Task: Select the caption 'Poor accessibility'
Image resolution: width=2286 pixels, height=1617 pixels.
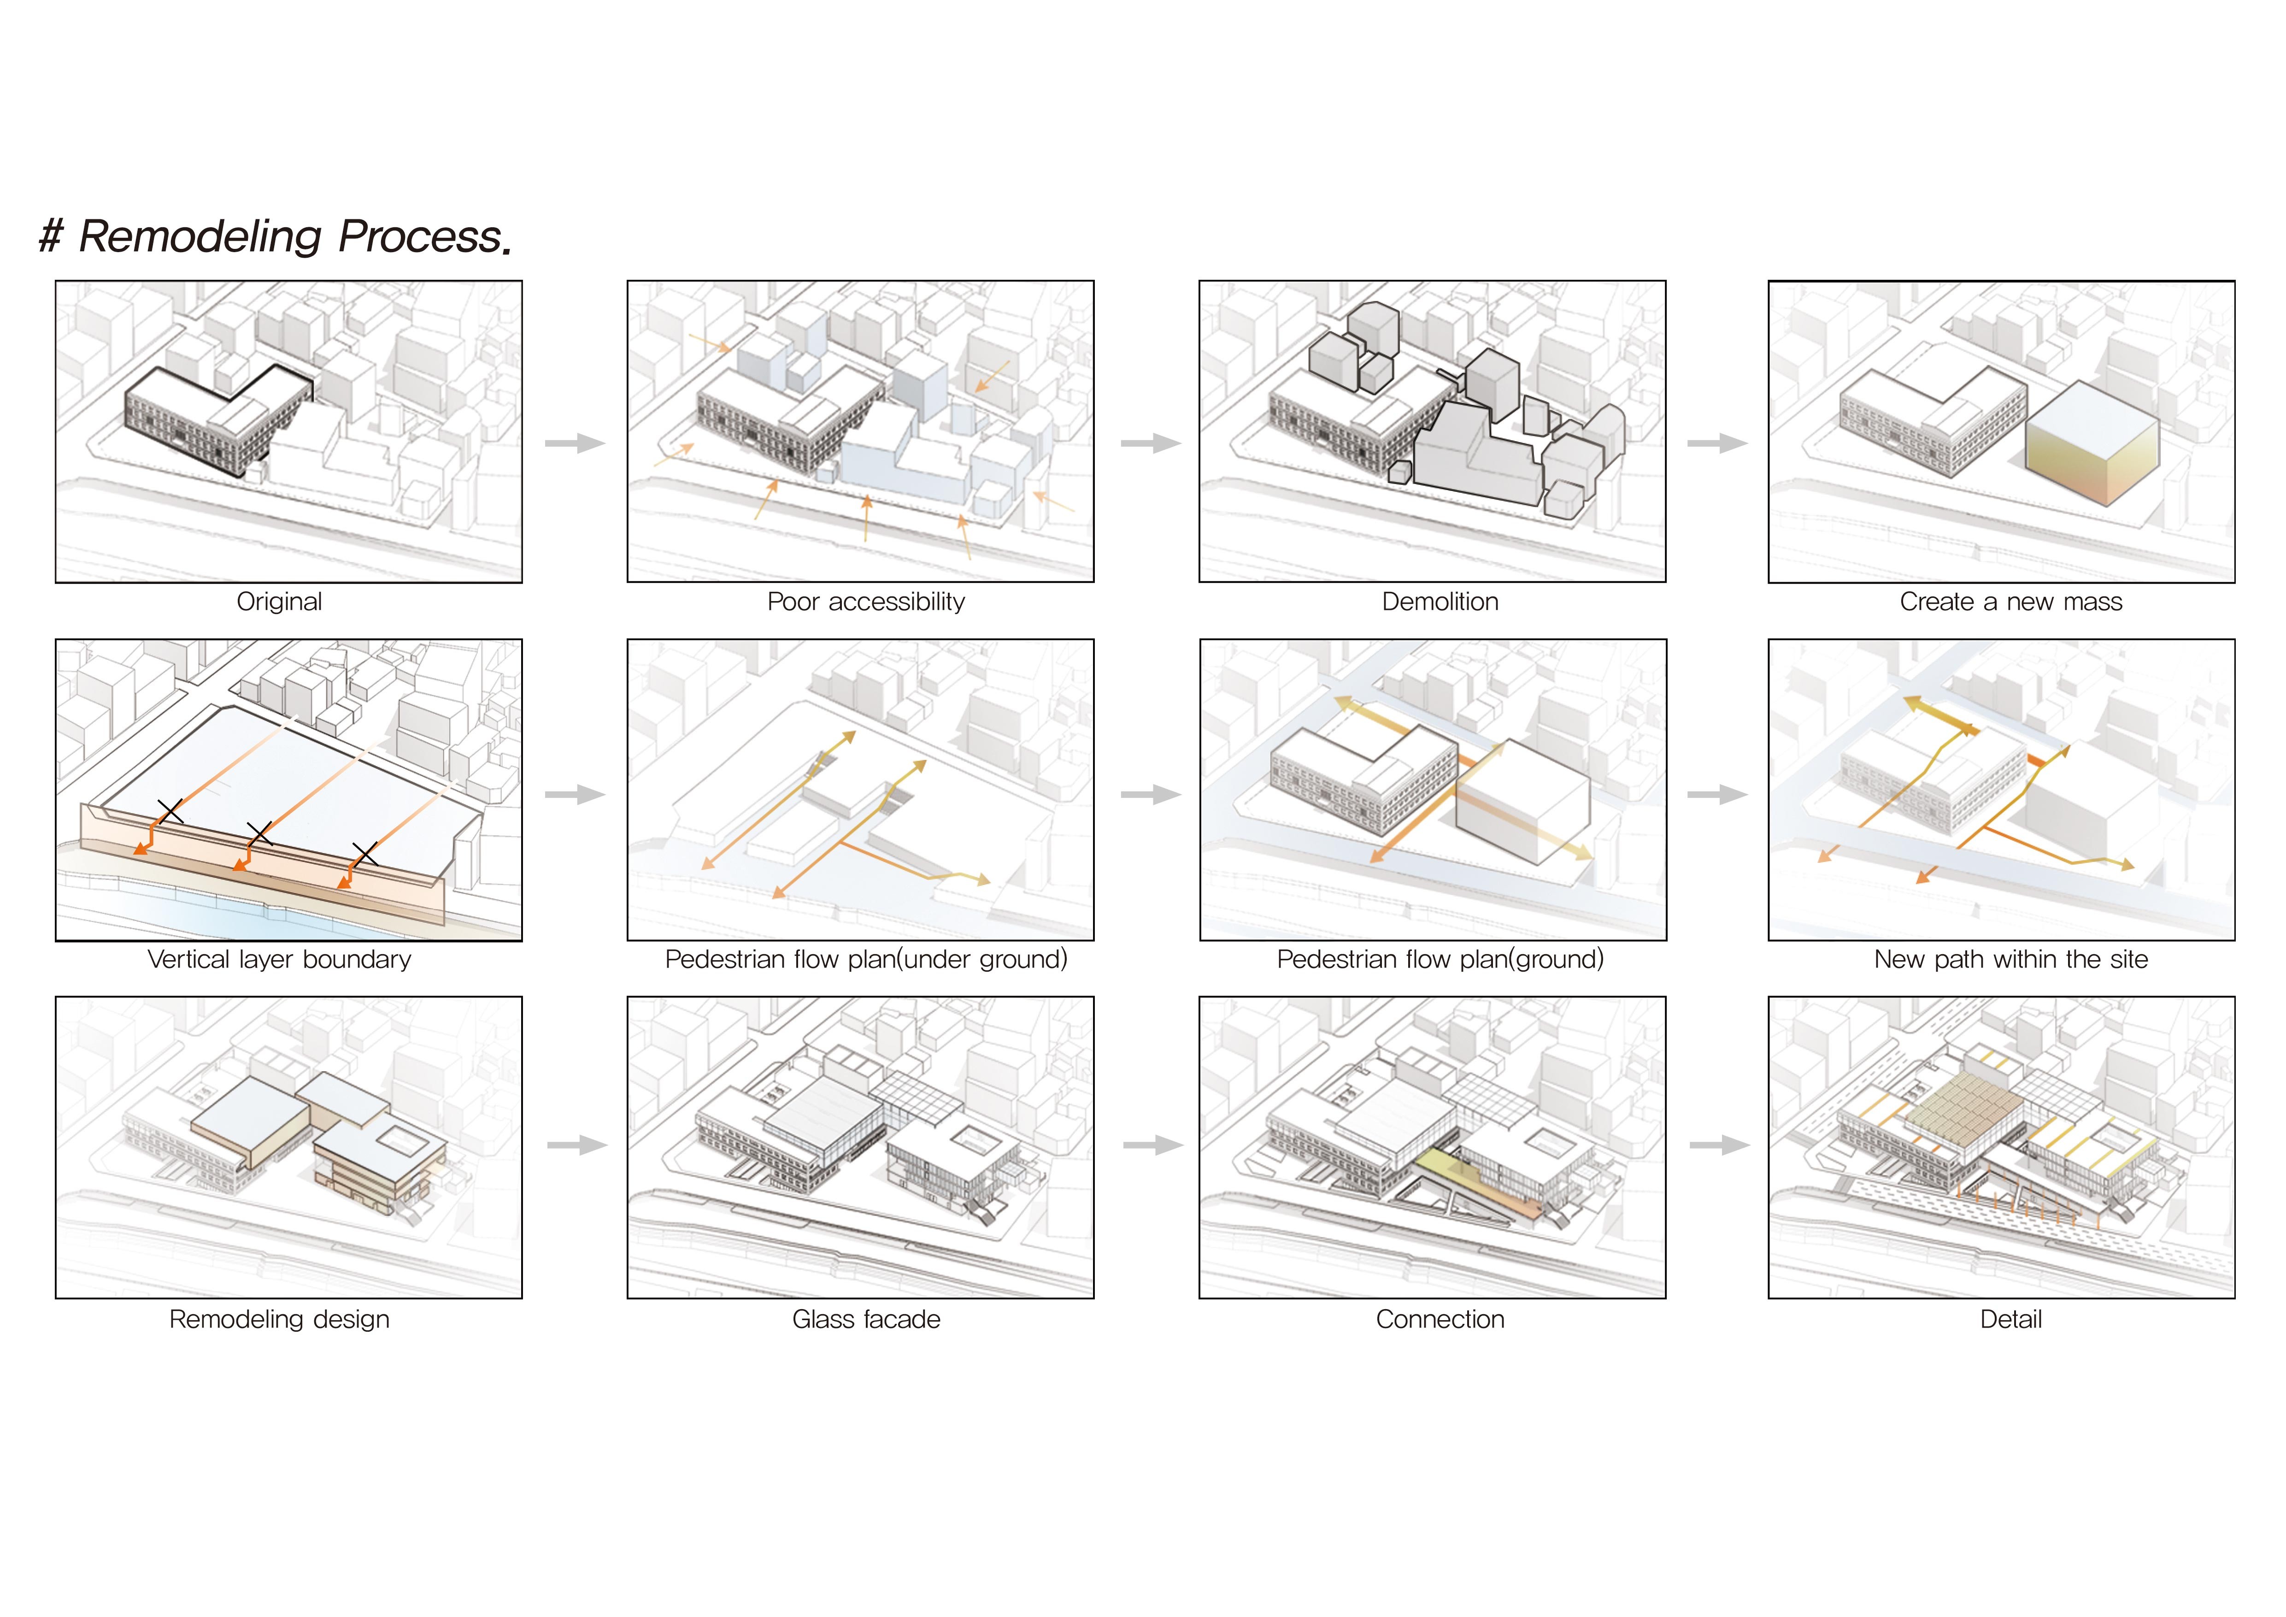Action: pyautogui.click(x=866, y=602)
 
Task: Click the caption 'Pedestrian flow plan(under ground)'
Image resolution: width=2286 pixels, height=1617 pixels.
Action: pyautogui.click(x=866, y=959)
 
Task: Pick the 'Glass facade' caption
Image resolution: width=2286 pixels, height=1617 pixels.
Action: pyautogui.click(x=866, y=1319)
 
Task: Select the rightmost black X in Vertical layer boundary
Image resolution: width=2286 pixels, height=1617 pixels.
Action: pyautogui.click(x=365, y=853)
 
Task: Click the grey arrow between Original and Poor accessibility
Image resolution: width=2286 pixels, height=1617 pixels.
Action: pyautogui.click(x=576, y=443)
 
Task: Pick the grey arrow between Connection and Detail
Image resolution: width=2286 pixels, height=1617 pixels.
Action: pyautogui.click(x=1720, y=1145)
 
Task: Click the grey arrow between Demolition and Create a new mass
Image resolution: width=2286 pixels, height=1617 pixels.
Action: pyautogui.click(x=1717, y=443)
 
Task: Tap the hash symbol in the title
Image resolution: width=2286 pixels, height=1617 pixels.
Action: pyautogui.click(x=51, y=237)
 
